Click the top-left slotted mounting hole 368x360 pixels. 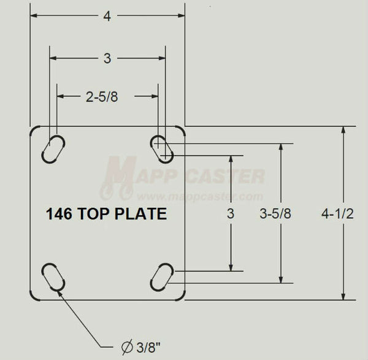53,149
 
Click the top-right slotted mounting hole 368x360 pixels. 163,149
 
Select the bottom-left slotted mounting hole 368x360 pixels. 53,277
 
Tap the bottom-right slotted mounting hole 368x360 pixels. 163,277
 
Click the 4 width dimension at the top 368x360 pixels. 107,17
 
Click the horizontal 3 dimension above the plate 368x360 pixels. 107,59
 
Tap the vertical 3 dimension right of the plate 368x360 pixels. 231,214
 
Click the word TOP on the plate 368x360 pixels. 98,215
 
